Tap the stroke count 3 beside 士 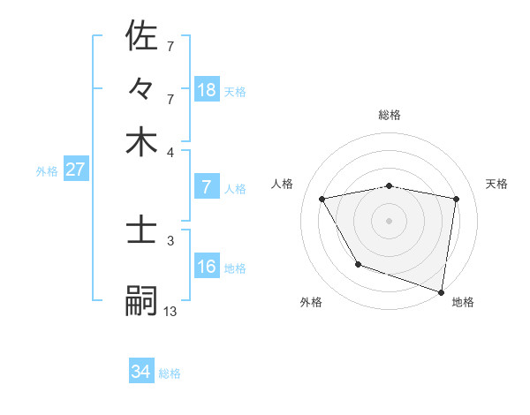(170, 239)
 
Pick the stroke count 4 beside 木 (170, 151)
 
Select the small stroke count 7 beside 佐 (170, 45)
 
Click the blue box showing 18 (207, 89)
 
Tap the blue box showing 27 (75, 170)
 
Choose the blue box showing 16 (207, 267)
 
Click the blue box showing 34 (141, 372)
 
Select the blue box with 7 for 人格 (207, 187)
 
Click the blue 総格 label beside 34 (170, 373)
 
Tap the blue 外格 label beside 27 (46, 171)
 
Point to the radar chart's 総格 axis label (390, 115)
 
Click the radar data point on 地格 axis (442, 291)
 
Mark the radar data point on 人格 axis (322, 200)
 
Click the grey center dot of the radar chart (390, 220)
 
